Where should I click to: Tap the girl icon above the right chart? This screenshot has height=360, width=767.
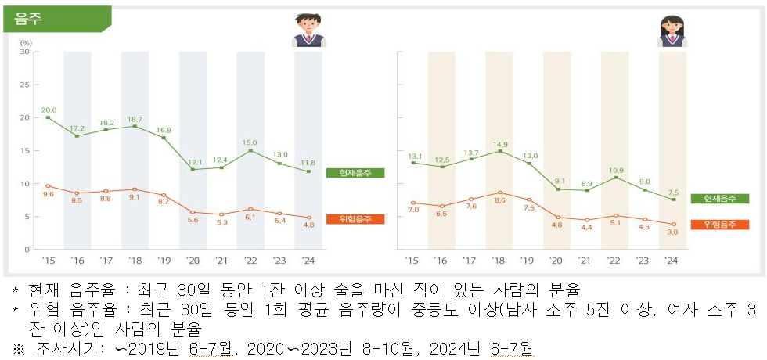(x=672, y=31)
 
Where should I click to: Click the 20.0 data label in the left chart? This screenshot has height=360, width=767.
(x=49, y=110)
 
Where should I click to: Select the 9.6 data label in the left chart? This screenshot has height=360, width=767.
(x=48, y=195)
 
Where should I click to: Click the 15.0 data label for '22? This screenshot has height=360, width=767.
(x=249, y=142)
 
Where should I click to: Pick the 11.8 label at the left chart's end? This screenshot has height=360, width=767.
(x=308, y=164)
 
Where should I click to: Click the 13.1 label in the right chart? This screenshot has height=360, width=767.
(x=413, y=155)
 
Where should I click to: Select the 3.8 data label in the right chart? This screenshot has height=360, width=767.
(x=672, y=232)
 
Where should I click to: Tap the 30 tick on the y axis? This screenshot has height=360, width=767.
(x=24, y=52)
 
